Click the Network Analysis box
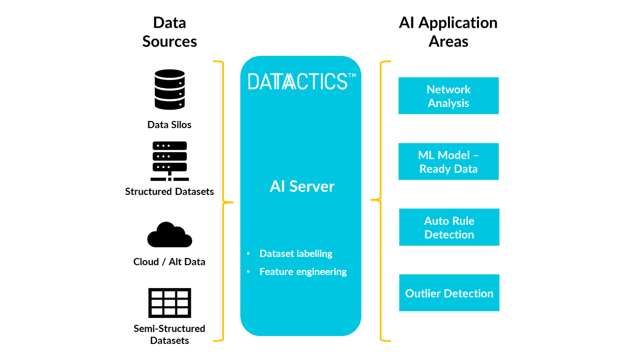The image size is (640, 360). coord(448,96)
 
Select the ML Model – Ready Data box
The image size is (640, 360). coord(448,162)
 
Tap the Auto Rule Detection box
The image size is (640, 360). coord(449,227)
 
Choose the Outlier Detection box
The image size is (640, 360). coord(449,293)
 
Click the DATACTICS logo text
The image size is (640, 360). coord(297,82)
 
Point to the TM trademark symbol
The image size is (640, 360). coord(352,76)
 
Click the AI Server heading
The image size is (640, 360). coord(302,186)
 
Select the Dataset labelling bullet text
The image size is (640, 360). coord(296,254)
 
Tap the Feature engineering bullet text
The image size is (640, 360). coord(303,272)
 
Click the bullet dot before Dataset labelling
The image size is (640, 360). coord(248,254)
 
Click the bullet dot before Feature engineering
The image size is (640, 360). coord(248,272)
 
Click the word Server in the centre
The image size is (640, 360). coord(312,186)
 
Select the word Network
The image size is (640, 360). coord(448,89)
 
